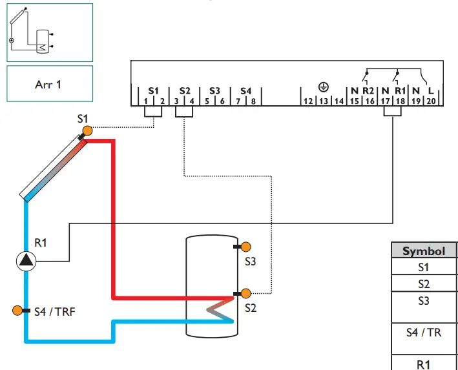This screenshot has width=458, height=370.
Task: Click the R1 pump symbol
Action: coord(26,261)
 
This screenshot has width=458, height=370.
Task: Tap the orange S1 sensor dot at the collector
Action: coord(87,130)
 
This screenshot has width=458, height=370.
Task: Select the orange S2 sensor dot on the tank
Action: coord(245,294)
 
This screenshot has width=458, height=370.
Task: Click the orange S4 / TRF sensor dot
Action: coord(17,311)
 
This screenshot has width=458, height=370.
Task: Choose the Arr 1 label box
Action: coord(49,84)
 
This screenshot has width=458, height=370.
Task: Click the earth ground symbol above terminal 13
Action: coord(322,87)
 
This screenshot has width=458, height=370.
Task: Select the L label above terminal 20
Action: coord(431,91)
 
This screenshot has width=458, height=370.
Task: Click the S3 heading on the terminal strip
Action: coord(214,91)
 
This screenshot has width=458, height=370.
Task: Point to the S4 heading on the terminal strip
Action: coord(245,91)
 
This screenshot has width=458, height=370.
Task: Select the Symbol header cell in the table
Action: coord(424,251)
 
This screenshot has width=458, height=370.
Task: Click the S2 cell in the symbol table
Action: coord(424,283)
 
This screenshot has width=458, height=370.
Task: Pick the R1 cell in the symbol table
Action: coord(424,364)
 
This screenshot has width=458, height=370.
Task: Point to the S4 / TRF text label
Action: coord(54,311)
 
